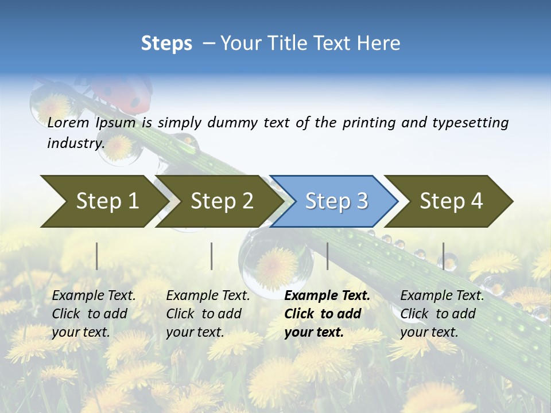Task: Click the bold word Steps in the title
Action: coord(166,43)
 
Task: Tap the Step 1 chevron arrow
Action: coord(103,201)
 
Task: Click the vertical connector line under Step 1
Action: coord(97,256)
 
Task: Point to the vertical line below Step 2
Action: coord(212,256)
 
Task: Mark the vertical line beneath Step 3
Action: coord(328,256)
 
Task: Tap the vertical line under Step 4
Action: coord(443,256)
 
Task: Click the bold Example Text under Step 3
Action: coord(327,314)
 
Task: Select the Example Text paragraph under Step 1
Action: coord(94,314)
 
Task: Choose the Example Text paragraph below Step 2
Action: coord(208,314)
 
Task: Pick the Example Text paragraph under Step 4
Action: coord(442,314)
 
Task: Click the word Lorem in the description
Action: coord(68,123)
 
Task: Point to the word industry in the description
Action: coord(75,143)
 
